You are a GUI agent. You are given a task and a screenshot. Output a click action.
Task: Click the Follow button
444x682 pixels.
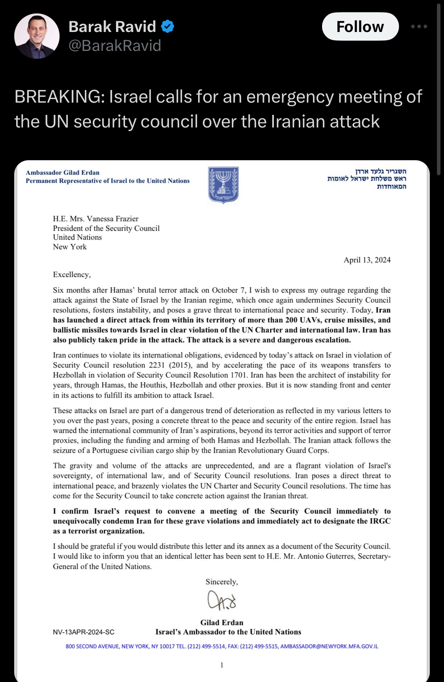click(360, 26)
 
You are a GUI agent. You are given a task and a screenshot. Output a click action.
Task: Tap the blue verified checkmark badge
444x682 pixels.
click(168, 26)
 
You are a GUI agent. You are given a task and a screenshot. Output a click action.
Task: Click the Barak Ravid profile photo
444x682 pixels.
click(37, 36)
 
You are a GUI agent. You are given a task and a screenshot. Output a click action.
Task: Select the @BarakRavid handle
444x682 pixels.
click(115, 46)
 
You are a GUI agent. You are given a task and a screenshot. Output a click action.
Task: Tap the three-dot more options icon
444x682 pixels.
click(419, 26)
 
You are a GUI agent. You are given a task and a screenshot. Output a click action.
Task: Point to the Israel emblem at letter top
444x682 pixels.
click(223, 185)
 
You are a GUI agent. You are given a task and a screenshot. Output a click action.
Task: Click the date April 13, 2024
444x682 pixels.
click(367, 260)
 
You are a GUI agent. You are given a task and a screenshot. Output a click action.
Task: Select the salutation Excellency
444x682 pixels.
click(71, 274)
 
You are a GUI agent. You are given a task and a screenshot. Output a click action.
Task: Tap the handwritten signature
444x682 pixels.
click(222, 600)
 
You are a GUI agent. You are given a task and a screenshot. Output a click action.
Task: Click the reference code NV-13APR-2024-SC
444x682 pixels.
click(84, 632)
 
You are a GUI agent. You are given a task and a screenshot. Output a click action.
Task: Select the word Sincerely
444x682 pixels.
click(221, 582)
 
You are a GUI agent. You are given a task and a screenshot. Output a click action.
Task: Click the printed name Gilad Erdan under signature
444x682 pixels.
click(222, 622)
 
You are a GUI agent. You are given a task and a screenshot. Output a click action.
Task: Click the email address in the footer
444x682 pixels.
click(329, 646)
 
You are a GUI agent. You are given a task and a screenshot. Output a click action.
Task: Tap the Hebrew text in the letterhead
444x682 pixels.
click(367, 178)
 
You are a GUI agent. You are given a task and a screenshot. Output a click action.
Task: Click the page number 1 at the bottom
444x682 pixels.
click(222, 665)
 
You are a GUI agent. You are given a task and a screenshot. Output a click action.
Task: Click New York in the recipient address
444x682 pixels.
click(70, 247)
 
